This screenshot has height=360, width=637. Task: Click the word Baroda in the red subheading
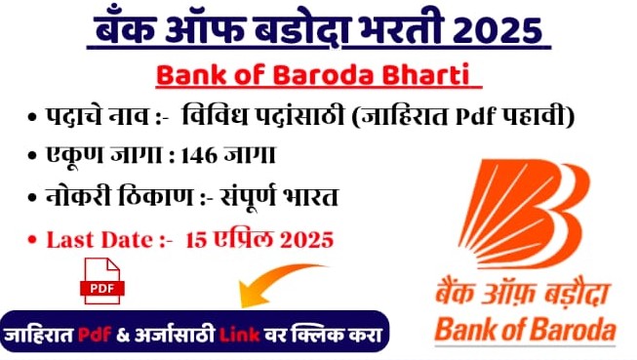pyautogui.click(x=336, y=75)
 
